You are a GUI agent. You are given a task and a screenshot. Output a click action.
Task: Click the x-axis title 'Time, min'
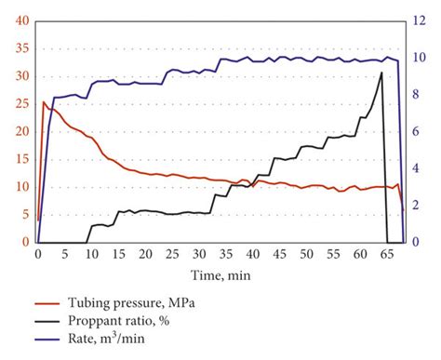pyautogui.click(x=220, y=275)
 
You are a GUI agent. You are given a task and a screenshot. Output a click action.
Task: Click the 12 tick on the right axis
pyautogui.click(x=420, y=20)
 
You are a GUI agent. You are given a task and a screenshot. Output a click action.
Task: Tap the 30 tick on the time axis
pyautogui.click(x=199, y=252)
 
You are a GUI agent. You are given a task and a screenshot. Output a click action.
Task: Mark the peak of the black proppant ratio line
pyautogui.click(x=381, y=73)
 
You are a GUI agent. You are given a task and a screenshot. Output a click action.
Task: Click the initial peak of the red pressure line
pyautogui.click(x=44, y=102)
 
